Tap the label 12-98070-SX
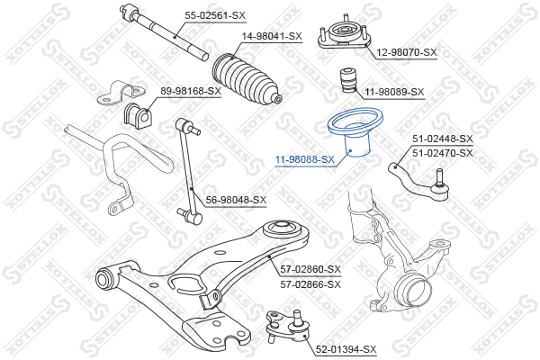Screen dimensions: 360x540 [x=406, y=52]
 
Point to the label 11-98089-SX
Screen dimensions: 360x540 [x=394, y=92]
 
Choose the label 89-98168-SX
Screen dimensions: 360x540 [x=191, y=91]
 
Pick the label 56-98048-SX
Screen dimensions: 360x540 [x=236, y=200]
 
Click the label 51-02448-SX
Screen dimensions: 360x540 [x=442, y=139]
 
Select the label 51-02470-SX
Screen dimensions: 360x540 [x=442, y=153]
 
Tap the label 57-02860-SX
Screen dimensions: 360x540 [x=310, y=269]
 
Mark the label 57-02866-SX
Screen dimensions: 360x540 [x=310, y=283]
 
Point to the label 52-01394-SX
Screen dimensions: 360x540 [x=346, y=348]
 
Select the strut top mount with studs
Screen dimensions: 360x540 [x=343, y=34]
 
